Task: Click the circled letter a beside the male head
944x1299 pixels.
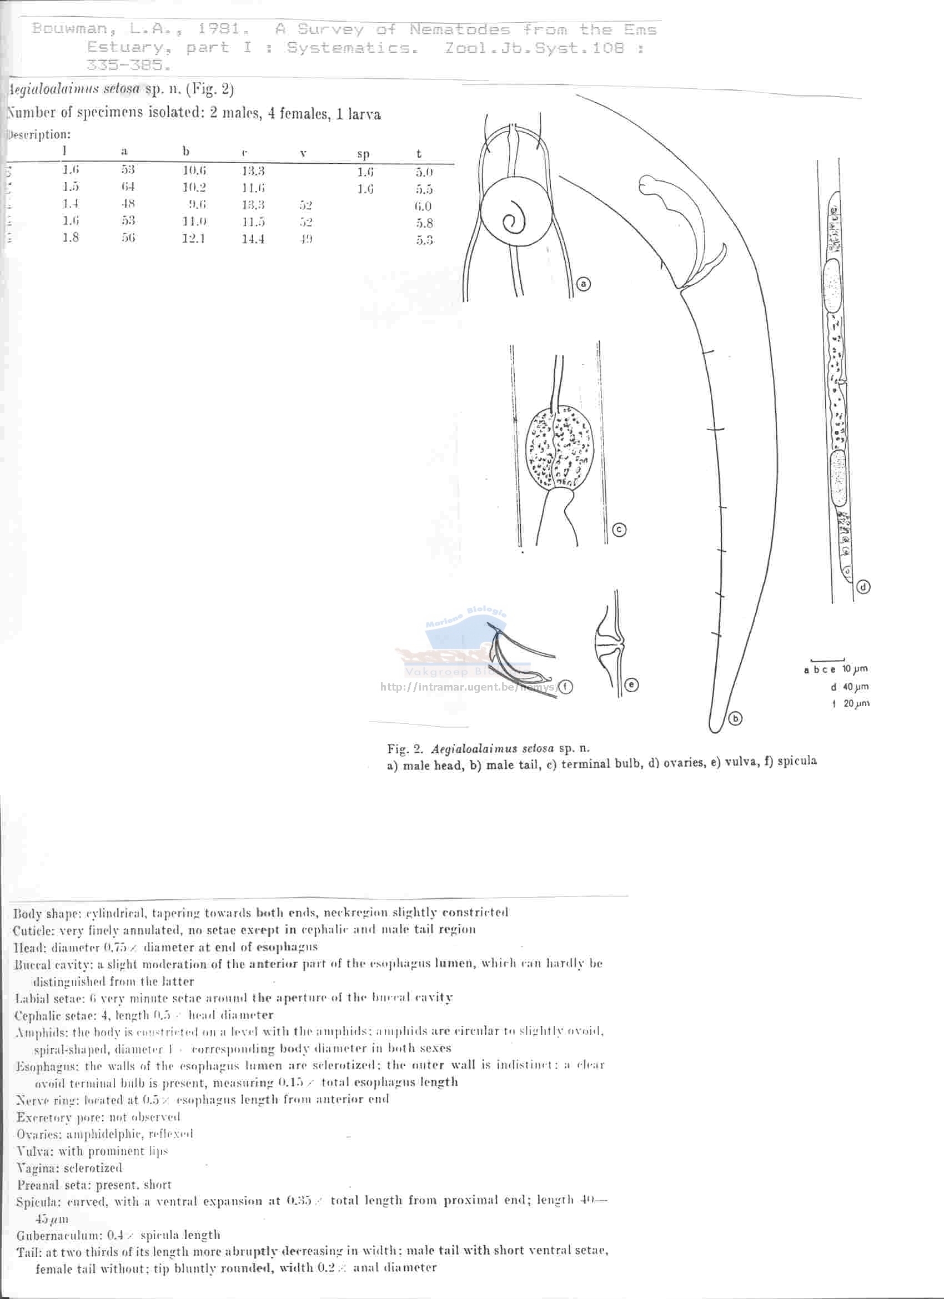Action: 583,284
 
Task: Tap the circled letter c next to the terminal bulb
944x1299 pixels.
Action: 619,530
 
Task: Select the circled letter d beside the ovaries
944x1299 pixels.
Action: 864,587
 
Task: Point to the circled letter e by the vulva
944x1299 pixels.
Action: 631,684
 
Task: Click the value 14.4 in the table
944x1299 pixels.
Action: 253,239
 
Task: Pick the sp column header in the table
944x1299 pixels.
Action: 363,154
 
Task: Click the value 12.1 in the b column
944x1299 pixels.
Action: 194,238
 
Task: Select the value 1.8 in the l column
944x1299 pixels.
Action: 71,238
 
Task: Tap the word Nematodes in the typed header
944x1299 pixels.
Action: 459,29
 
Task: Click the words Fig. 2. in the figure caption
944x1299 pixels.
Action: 405,748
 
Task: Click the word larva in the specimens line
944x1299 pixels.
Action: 363,114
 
